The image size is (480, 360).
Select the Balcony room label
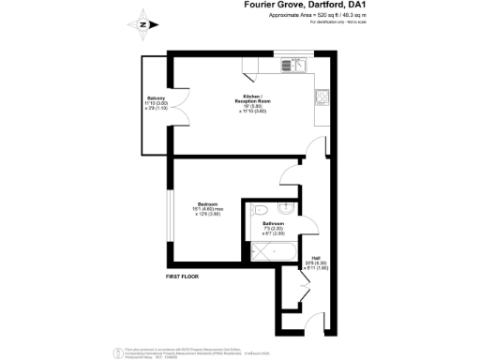click(155, 98)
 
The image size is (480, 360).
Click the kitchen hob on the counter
click(322, 97)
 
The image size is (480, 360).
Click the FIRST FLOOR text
click(185, 277)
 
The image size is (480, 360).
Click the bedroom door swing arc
click(289, 176)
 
